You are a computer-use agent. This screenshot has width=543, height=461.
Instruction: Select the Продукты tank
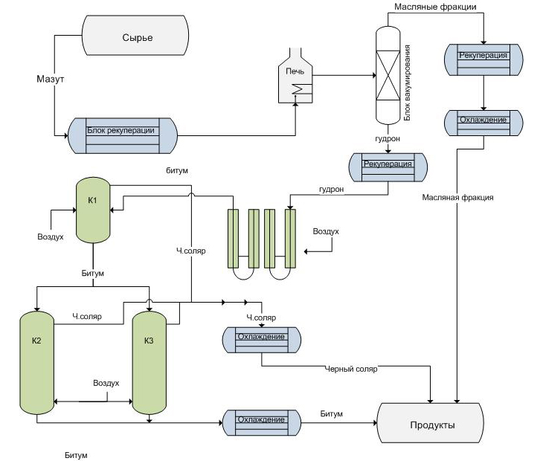click(x=431, y=425)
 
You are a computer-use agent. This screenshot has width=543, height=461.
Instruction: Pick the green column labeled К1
click(x=93, y=210)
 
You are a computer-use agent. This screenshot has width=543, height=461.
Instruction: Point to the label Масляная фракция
click(x=457, y=198)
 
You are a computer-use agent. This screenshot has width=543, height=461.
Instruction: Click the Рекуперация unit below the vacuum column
click(x=387, y=167)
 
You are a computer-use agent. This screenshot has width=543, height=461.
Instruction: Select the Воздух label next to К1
click(x=51, y=237)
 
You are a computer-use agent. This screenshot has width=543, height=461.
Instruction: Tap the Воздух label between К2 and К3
click(x=106, y=384)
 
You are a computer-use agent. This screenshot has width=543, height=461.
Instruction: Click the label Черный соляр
click(x=352, y=369)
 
